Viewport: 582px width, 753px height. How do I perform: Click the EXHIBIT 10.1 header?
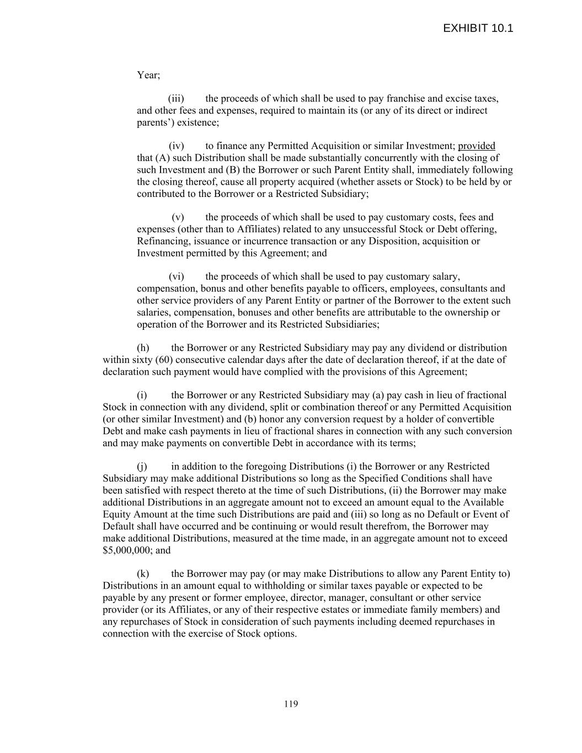[478, 29]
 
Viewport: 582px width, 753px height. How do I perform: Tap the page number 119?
[291, 703]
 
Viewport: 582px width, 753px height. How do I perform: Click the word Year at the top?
[147, 75]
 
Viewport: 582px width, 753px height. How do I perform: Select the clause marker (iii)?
[176, 99]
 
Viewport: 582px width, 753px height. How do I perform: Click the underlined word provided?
[477, 146]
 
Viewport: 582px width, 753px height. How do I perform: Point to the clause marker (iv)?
[176, 146]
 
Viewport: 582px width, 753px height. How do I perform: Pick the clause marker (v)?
[178, 217]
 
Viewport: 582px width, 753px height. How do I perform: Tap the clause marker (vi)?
[176, 276]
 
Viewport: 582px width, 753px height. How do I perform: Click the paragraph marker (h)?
[143, 348]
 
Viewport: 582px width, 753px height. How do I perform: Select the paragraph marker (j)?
[142, 467]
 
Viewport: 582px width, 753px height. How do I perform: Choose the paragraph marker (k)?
[143, 574]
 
